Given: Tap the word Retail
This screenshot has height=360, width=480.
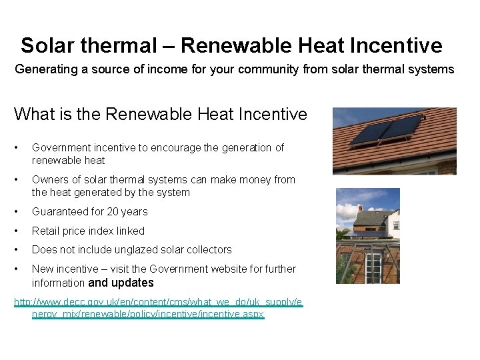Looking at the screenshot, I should pyautogui.click(x=45, y=231).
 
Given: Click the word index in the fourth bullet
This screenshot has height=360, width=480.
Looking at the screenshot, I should pyautogui.click(x=99, y=231).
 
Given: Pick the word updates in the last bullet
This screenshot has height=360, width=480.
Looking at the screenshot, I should pyautogui.click(x=133, y=282).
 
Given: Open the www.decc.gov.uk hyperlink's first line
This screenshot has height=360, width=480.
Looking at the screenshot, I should pyautogui.click(x=159, y=302).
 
